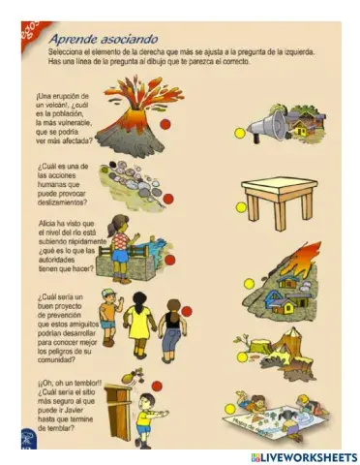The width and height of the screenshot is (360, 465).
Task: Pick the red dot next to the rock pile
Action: [x=168, y=199]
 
